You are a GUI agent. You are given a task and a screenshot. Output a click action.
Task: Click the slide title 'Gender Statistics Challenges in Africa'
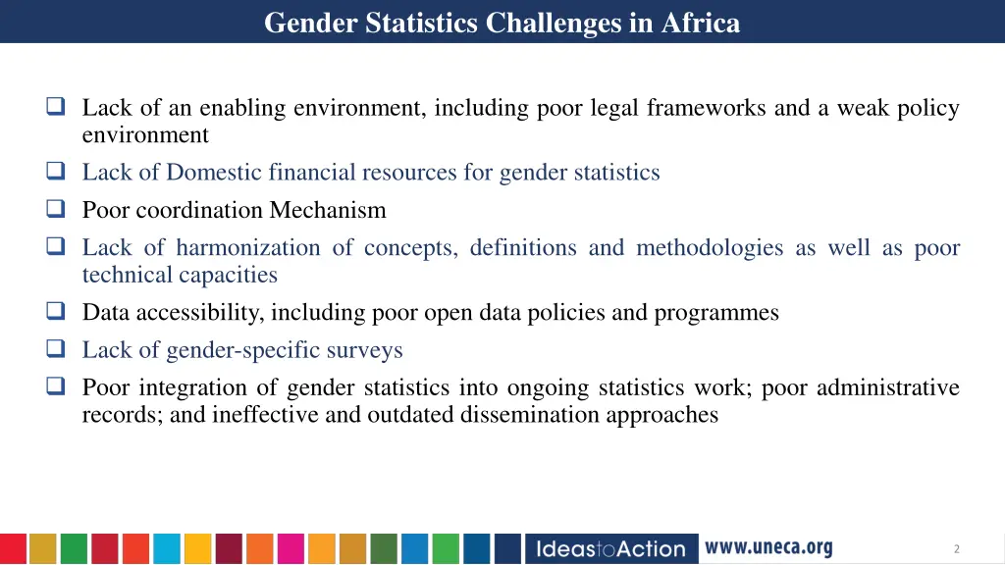(502, 22)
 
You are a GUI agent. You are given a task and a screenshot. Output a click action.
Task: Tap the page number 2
(956, 549)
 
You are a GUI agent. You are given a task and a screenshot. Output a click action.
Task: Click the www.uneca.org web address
(768, 547)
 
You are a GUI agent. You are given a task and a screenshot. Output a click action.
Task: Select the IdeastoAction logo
(610, 548)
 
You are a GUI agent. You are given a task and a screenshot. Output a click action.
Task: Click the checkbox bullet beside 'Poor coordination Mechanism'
(56, 210)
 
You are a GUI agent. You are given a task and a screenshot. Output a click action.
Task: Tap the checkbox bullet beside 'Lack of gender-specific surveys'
(56, 350)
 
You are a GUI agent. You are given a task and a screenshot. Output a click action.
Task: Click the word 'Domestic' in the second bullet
(210, 173)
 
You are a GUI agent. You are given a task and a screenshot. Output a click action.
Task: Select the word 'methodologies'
(710, 248)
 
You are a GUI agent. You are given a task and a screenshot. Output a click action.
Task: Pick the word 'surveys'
(365, 350)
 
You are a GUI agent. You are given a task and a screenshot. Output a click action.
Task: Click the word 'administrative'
(887, 388)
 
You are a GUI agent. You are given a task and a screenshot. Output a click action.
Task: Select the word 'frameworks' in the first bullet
(706, 108)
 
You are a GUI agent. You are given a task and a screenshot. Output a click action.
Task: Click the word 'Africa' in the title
(701, 22)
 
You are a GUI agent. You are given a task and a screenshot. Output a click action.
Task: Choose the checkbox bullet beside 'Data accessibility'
(56, 313)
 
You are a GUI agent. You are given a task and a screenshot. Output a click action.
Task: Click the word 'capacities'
(229, 276)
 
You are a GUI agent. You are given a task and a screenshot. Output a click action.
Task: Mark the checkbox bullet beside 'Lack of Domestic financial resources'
(56, 173)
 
